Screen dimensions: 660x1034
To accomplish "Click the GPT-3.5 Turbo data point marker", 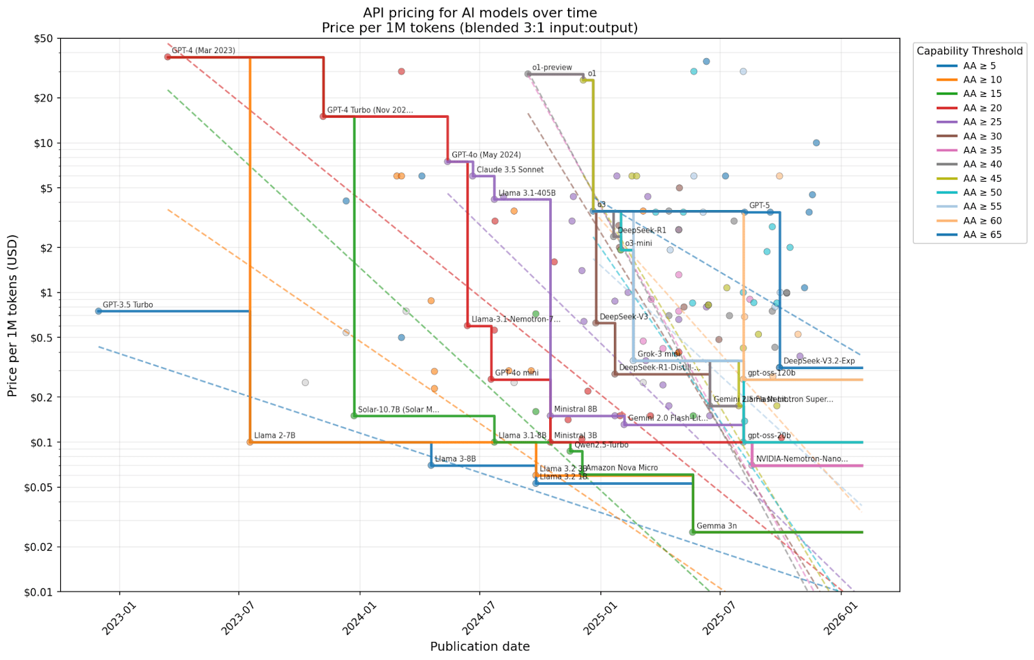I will coord(98,311).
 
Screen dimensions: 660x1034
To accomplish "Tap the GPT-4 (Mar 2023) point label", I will coord(203,50).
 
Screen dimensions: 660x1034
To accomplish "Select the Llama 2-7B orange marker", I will coord(250,442).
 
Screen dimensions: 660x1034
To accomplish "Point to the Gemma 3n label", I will coord(716,526).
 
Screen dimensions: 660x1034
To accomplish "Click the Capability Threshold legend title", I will coord(969,51).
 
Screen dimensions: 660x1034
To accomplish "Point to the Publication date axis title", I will coord(480,646).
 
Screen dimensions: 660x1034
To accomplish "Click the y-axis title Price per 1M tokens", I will coord(12,315).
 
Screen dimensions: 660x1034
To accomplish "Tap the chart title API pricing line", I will coord(480,13).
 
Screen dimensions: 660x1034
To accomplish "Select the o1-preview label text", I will coord(552,67).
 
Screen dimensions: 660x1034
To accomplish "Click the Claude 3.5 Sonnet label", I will coord(510,169).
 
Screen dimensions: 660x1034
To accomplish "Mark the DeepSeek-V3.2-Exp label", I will coord(819,361).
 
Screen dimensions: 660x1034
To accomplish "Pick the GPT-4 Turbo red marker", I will coord(323,116).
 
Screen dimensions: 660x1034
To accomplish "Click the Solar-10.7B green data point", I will coord(353,416).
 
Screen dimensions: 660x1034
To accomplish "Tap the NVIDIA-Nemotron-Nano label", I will coord(801,459).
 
